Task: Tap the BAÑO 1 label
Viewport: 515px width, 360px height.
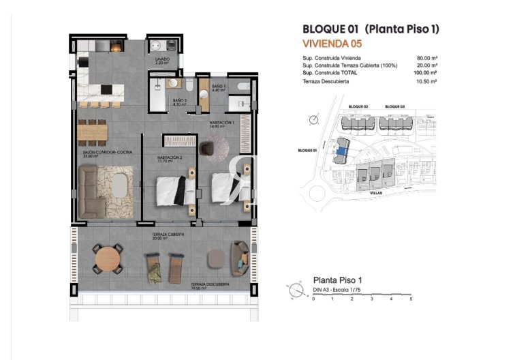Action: click(218, 87)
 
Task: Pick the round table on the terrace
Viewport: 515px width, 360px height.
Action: click(107, 258)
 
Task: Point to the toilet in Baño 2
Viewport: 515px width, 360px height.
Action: click(172, 85)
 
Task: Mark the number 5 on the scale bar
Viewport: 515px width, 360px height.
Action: click(411, 299)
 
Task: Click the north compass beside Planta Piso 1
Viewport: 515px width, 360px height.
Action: click(295, 291)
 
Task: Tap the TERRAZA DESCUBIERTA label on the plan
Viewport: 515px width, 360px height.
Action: click(210, 283)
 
